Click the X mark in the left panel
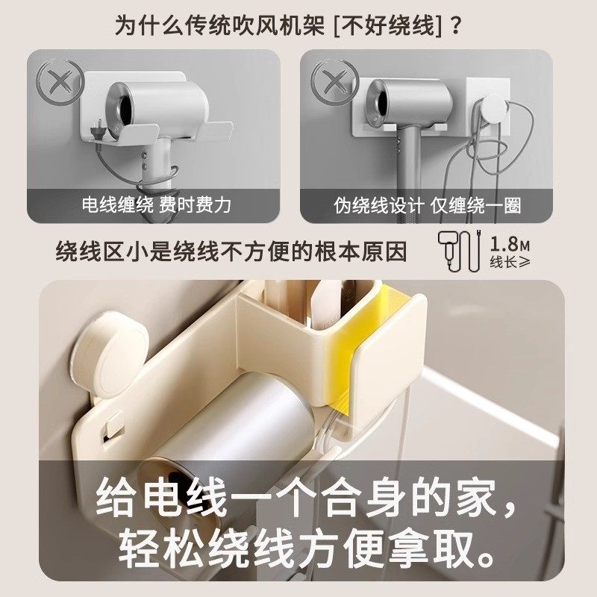coord(60,80)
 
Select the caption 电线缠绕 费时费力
coord(157,204)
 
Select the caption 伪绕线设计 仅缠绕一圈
coord(427,204)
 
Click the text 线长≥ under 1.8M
coord(509,263)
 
